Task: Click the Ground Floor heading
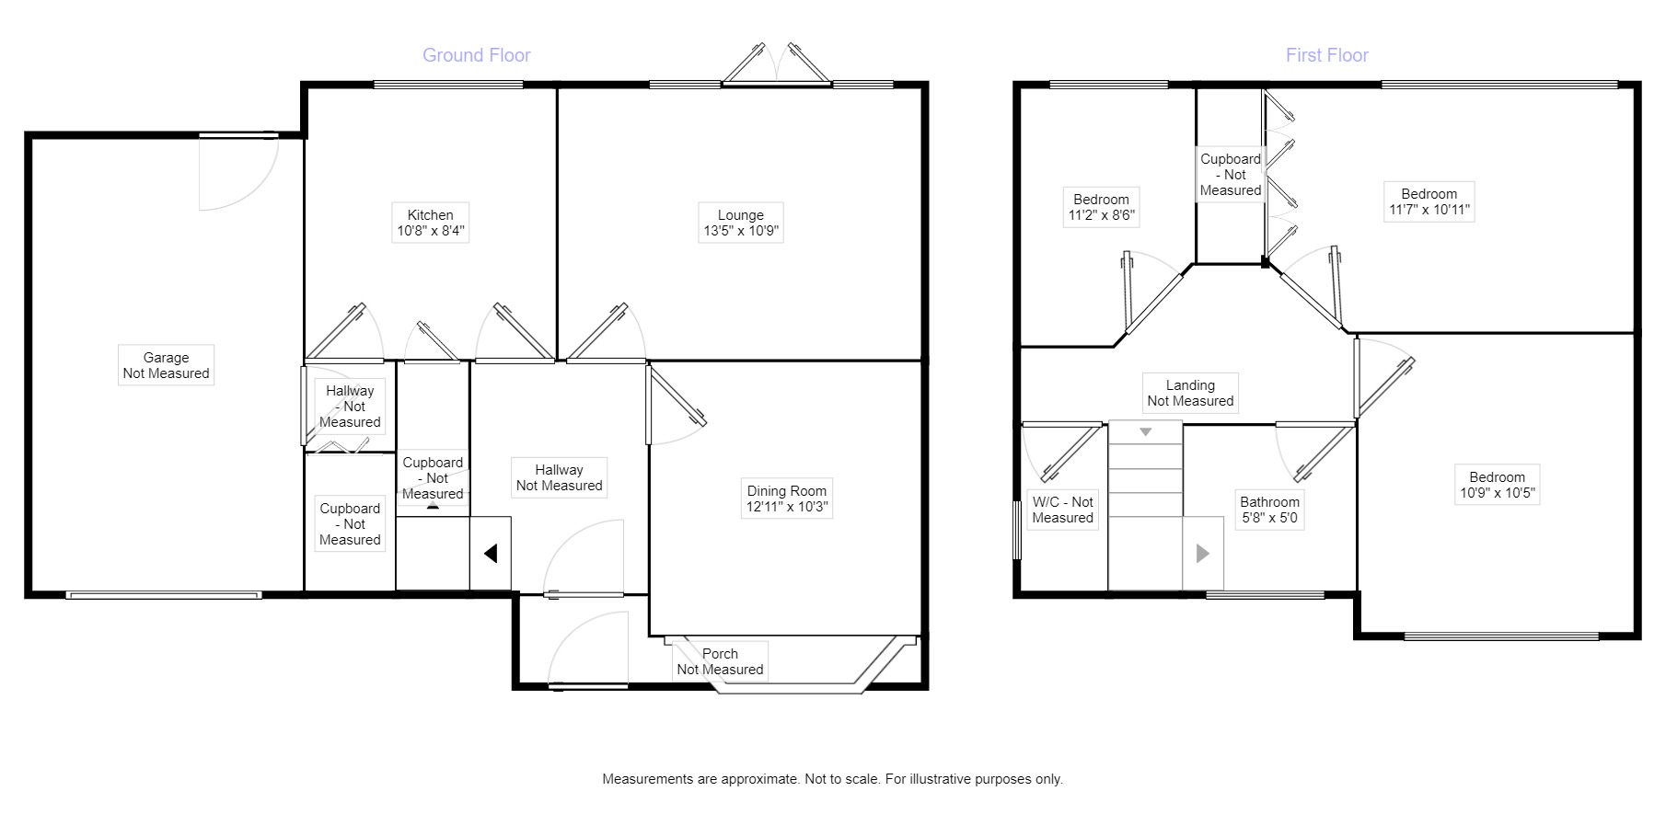476,55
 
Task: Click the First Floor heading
1326,55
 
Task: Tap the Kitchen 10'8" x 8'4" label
430,223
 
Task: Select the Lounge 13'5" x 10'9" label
740,223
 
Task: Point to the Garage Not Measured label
166,365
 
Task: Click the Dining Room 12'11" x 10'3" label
786,499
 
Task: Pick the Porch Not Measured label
720,661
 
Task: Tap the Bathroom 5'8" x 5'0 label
1269,510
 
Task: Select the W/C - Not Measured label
1062,510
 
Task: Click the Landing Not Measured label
1189,393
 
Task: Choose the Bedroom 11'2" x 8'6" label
1101,207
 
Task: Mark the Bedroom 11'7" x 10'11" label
1429,201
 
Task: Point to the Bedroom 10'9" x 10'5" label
1497,485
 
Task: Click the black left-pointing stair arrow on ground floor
491,554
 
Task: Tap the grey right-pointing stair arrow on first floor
1202,554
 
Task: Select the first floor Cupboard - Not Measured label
1230,175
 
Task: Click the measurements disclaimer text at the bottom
832,779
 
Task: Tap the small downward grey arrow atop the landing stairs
1146,431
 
